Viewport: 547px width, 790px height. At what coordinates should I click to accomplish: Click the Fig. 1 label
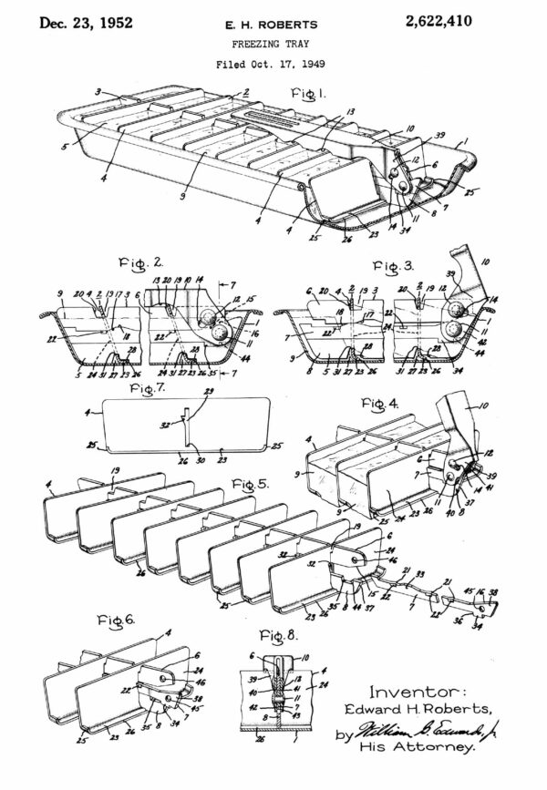coord(309,94)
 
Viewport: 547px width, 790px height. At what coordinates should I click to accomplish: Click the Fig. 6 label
coord(117,619)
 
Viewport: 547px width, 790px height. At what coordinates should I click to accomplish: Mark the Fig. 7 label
coord(148,389)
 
